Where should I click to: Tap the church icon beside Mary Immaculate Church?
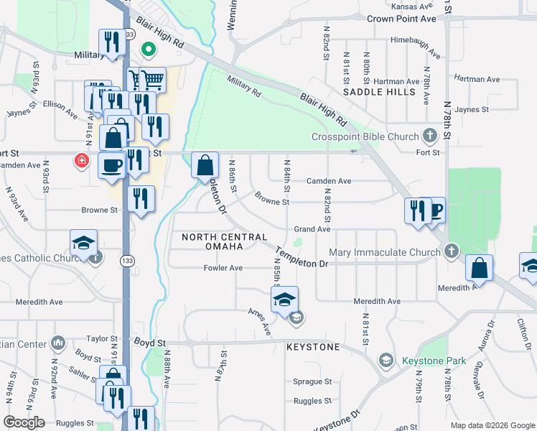click(450, 251)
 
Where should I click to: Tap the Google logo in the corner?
click(24, 422)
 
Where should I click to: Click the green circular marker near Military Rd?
click(149, 50)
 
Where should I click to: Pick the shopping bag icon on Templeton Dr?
click(205, 166)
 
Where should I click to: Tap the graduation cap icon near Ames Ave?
click(284, 300)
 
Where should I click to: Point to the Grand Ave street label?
click(312, 229)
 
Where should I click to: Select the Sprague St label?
click(312, 381)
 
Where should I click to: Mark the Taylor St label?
click(101, 338)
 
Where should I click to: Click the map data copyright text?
click(492, 425)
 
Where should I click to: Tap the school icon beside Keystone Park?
click(386, 361)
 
